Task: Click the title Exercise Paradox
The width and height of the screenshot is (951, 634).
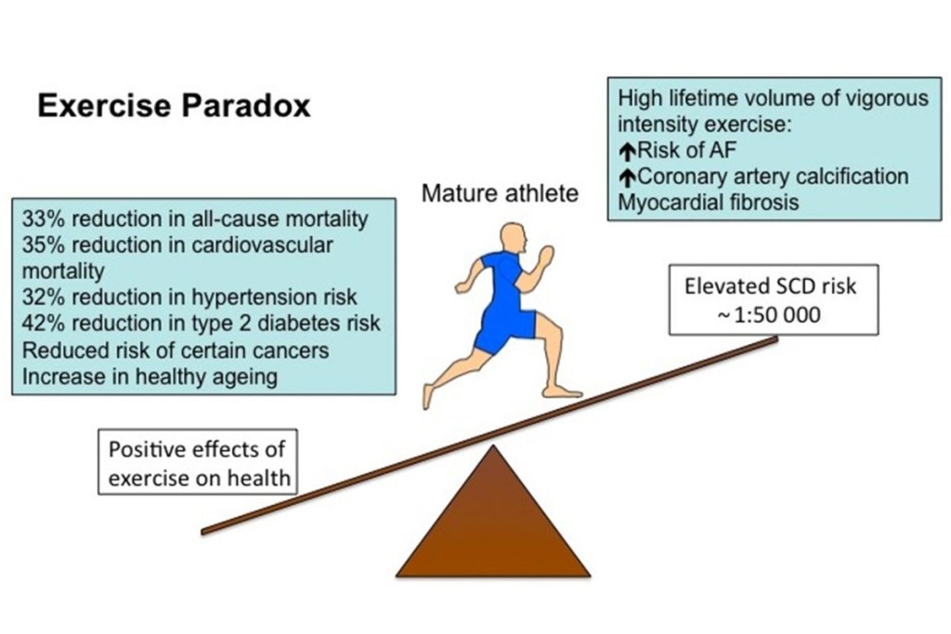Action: [x=174, y=106]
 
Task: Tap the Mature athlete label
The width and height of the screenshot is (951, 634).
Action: [x=500, y=193]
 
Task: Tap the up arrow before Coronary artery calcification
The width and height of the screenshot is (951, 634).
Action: [x=627, y=178]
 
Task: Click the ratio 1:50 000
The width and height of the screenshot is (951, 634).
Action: [x=777, y=314]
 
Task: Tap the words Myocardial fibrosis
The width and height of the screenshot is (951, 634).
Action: [x=709, y=203]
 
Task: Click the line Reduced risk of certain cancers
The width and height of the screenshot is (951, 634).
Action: [x=176, y=350]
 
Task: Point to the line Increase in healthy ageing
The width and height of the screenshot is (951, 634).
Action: [x=150, y=376]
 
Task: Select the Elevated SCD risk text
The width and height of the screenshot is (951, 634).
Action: [x=770, y=286]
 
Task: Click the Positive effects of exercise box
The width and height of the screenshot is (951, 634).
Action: [x=198, y=462]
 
